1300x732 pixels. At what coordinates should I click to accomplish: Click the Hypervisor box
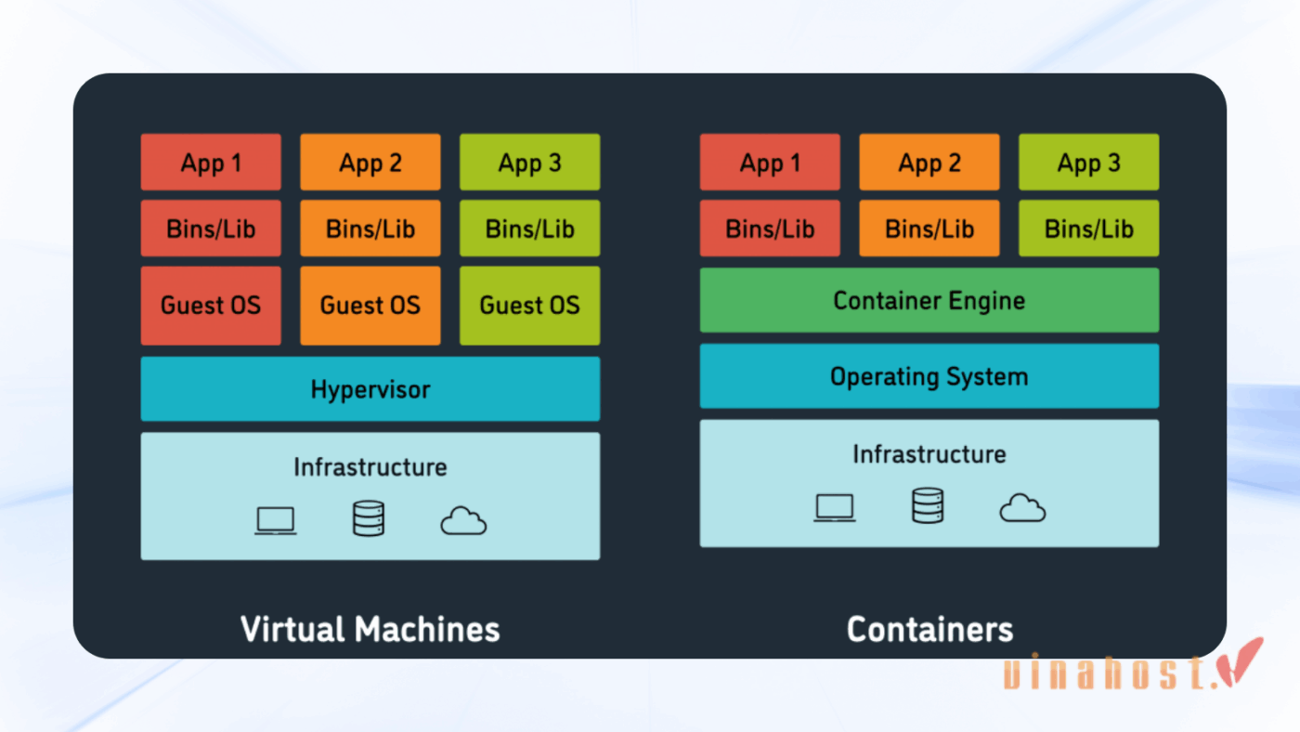[x=370, y=389]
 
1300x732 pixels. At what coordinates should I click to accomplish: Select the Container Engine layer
[x=929, y=300]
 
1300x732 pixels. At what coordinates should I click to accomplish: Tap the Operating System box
[x=929, y=376]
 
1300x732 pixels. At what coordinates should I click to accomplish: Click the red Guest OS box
[x=211, y=306]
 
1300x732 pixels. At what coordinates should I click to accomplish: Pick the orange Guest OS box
[x=370, y=306]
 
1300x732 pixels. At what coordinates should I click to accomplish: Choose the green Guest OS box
[x=529, y=306]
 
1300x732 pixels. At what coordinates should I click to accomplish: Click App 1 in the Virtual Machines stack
[x=211, y=163]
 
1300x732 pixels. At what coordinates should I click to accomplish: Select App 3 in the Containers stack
[x=1088, y=163]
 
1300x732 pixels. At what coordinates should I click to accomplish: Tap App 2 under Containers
[x=929, y=163]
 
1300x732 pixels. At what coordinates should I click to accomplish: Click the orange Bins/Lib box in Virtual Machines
[x=370, y=229]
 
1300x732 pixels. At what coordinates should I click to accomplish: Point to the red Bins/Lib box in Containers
[x=770, y=229]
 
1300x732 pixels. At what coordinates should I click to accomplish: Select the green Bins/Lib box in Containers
[x=1088, y=229]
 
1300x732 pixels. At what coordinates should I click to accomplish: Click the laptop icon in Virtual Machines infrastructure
[x=276, y=520]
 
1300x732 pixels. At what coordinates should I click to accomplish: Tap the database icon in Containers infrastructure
[x=927, y=506]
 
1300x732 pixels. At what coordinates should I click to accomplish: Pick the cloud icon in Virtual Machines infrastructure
[x=463, y=521]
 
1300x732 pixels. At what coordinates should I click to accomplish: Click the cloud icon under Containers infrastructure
[x=1022, y=508]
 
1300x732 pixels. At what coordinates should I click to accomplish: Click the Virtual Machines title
[x=370, y=629]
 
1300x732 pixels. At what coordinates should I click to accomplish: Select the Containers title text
[x=929, y=629]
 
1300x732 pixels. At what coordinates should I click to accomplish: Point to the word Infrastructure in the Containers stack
[x=929, y=454]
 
